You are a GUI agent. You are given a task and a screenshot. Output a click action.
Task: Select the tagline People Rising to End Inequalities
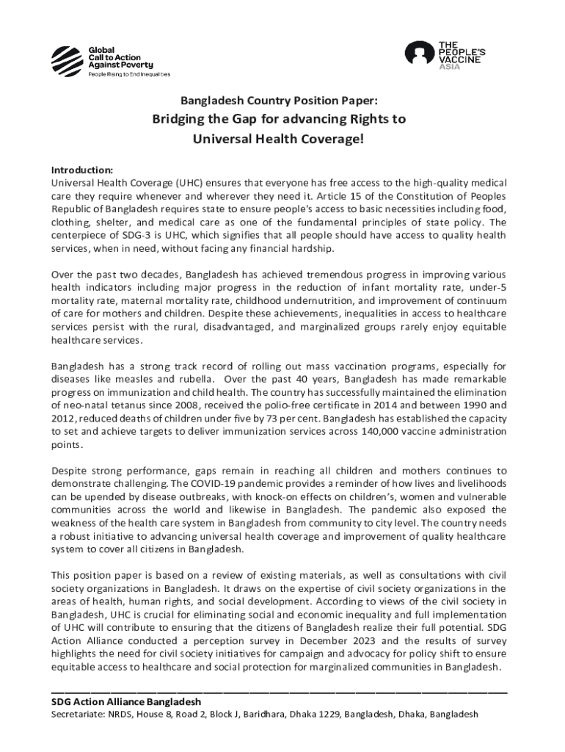tap(129, 74)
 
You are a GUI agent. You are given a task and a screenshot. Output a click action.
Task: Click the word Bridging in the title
tap(181, 119)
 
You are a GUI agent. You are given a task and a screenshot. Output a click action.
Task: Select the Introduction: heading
tap(82, 169)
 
